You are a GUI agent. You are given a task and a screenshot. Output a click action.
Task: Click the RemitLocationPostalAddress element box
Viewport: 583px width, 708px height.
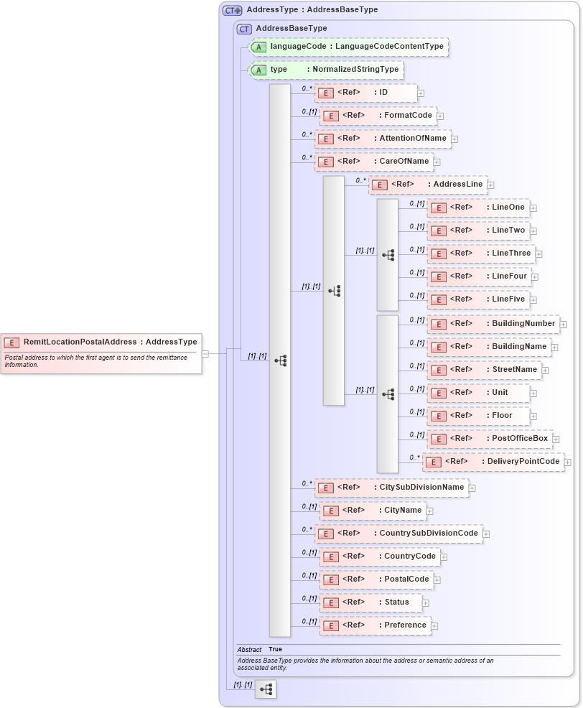point(101,343)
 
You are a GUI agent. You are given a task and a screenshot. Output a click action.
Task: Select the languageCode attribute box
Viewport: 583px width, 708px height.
point(348,47)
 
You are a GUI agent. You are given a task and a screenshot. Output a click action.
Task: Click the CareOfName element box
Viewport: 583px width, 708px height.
point(374,162)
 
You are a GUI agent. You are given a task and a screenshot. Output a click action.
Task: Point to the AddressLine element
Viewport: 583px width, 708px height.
point(428,185)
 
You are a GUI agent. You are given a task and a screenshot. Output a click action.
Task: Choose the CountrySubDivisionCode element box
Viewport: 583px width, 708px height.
point(398,534)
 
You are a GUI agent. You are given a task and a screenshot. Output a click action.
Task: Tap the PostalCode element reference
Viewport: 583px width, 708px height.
point(376,579)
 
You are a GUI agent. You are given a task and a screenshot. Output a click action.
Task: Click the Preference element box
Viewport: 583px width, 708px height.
point(375,625)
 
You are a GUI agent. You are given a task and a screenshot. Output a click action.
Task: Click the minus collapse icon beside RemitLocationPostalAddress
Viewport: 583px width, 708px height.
point(205,353)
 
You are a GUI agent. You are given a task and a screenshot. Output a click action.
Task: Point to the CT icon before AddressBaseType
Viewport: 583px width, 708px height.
point(245,29)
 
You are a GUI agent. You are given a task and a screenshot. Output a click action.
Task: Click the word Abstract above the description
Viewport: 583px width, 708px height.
point(249,650)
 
